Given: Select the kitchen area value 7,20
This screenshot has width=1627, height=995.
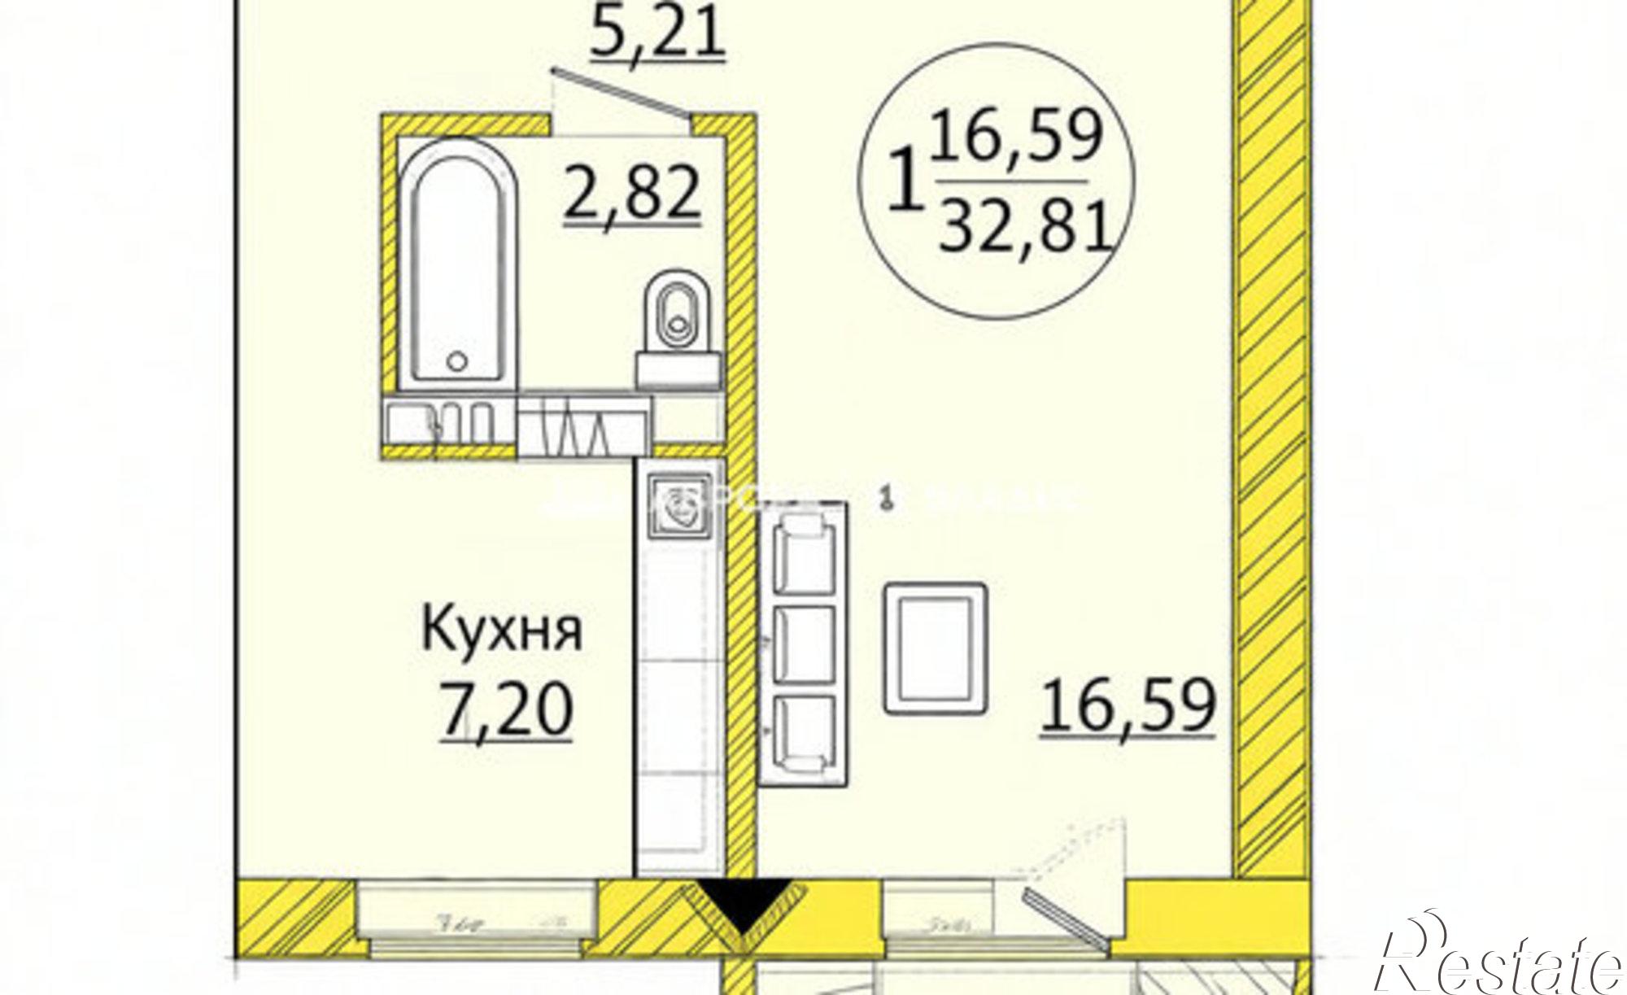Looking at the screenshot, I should pyautogui.click(x=507, y=709).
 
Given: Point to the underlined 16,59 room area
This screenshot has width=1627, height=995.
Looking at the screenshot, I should pyautogui.click(x=1128, y=707).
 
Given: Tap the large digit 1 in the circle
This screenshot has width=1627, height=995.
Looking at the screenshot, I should pyautogui.click(x=903, y=188).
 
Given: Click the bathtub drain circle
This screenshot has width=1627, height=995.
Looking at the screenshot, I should pyautogui.click(x=458, y=360).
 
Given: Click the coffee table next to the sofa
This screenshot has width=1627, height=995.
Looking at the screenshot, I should pyautogui.click(x=935, y=648).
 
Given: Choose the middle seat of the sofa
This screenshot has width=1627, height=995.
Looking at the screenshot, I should pyautogui.click(x=804, y=644).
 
